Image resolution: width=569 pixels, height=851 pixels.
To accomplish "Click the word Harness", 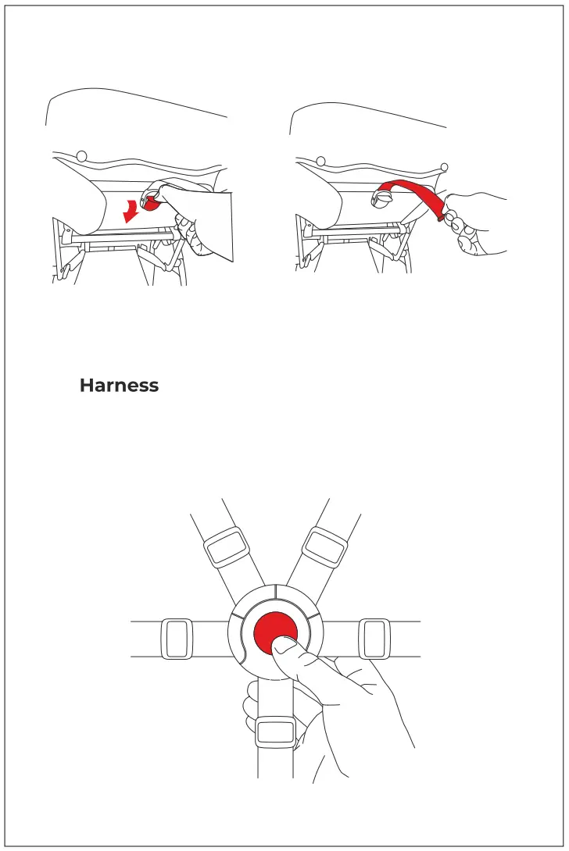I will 119,386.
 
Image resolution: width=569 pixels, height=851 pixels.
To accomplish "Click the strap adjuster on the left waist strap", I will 176,639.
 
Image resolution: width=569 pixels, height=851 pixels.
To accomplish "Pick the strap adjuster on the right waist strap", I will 374,639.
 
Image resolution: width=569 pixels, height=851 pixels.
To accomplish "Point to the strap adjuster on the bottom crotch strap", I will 275,732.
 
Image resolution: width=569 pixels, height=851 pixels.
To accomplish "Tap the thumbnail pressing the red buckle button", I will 284,645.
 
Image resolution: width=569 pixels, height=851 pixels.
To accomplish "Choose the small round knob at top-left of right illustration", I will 320,162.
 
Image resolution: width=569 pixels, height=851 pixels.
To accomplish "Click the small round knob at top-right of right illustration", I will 444,166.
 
